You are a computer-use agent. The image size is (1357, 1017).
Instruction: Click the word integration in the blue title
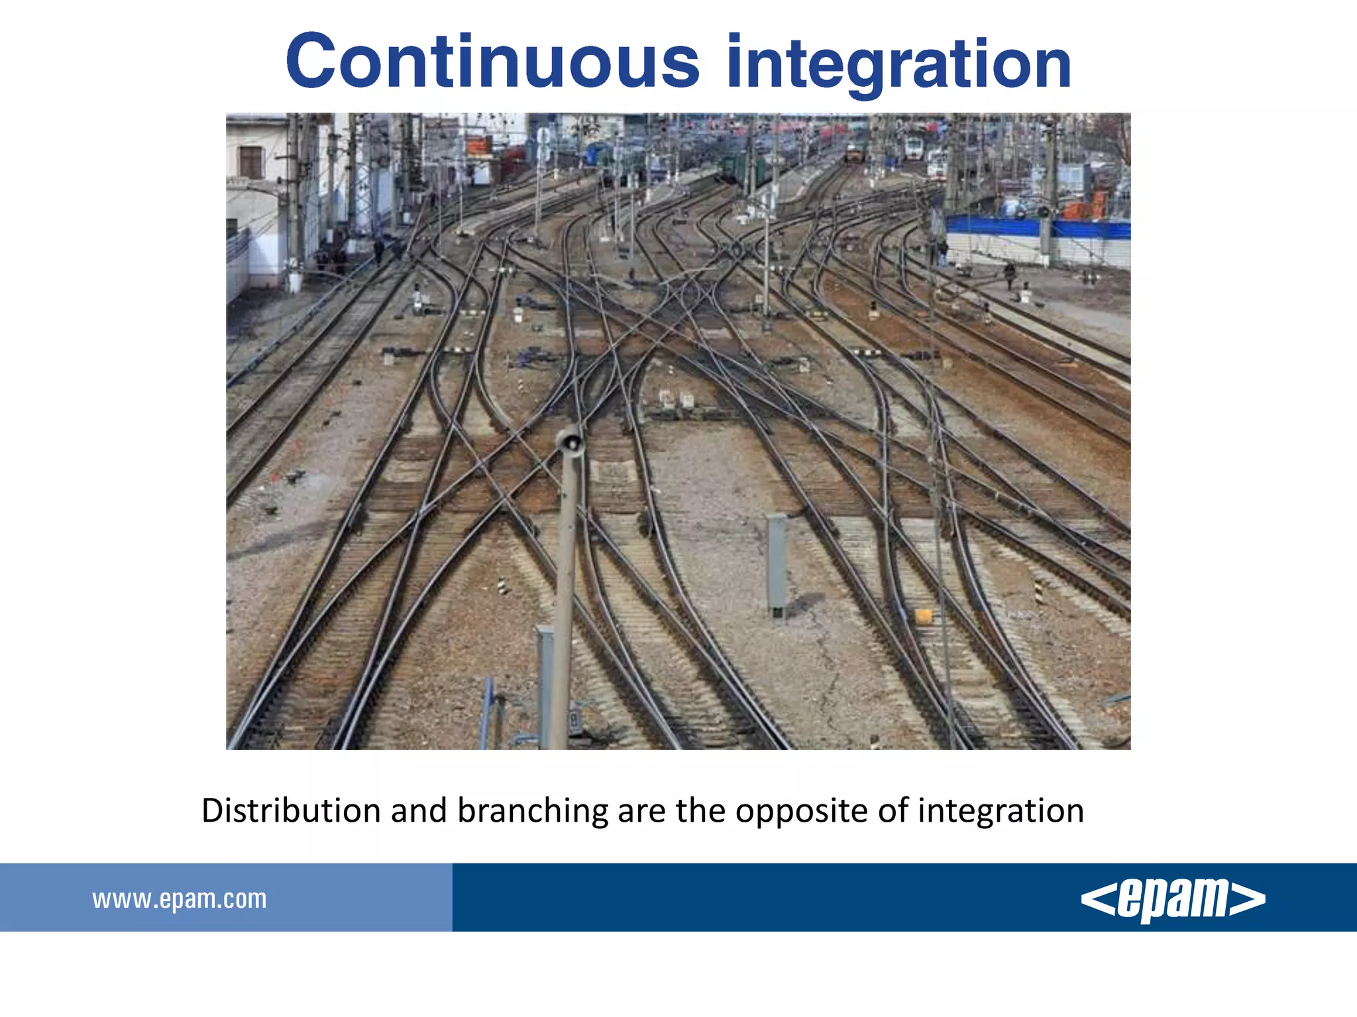point(898,64)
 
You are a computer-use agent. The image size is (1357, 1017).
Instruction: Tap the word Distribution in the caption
point(291,810)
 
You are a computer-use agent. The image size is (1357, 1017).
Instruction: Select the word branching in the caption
point(533,812)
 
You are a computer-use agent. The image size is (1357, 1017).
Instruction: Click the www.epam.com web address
point(180,899)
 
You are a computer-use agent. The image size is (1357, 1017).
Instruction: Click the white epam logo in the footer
point(1173,899)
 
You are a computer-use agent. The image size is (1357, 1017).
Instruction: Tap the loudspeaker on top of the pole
point(569,441)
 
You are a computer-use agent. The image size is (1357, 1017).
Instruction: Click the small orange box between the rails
point(923,616)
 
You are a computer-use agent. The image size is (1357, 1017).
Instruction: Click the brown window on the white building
point(250,162)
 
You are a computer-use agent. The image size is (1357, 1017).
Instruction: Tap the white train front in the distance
point(914,148)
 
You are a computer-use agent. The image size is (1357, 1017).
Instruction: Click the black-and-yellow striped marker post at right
point(1038,591)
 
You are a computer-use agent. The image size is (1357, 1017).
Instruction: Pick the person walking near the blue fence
point(1009,274)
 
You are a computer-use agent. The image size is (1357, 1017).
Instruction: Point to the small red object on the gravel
point(276,476)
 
